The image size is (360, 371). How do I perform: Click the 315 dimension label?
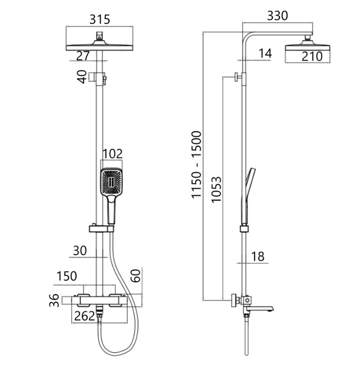(100, 19)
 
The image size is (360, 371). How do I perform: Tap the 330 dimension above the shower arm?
(277, 16)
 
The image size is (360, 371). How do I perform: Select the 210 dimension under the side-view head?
(312, 56)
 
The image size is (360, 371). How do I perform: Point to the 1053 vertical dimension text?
(216, 189)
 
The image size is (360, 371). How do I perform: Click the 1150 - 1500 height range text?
(196, 165)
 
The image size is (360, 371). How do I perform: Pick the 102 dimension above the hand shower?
(112, 154)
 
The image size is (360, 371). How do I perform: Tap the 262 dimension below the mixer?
(84, 316)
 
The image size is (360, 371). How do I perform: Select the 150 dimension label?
(67, 276)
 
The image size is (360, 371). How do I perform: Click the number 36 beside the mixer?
(54, 300)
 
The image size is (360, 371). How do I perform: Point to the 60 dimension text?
(136, 276)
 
